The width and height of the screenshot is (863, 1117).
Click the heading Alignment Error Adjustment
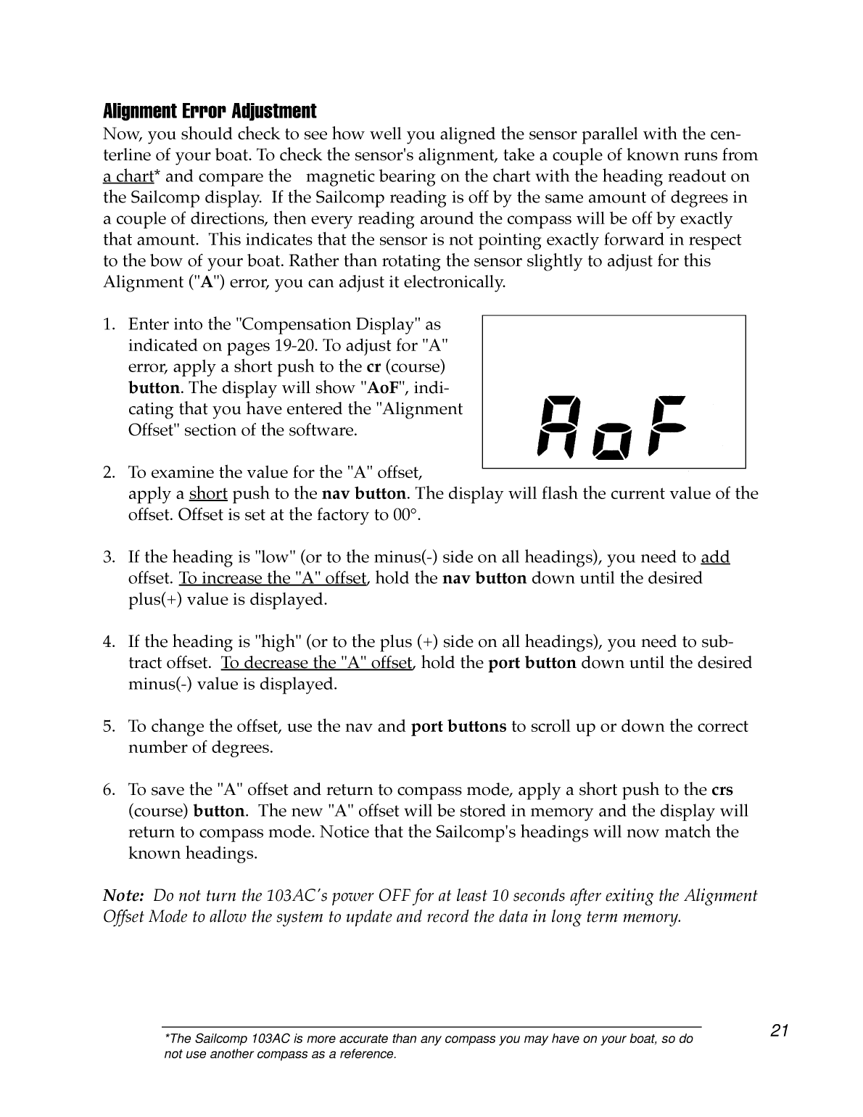210,112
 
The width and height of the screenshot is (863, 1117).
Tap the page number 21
779,1031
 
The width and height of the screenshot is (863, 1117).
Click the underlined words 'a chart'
128,176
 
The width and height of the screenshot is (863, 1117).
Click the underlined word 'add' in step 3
715,557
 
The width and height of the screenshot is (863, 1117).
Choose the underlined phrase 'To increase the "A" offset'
273,579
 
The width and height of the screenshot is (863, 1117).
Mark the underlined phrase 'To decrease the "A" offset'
317,663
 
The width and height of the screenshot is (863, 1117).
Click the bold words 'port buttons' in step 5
458,727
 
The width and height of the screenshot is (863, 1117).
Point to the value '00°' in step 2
406,515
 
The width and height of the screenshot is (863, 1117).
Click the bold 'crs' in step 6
722,790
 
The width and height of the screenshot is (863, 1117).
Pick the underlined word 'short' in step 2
208,494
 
